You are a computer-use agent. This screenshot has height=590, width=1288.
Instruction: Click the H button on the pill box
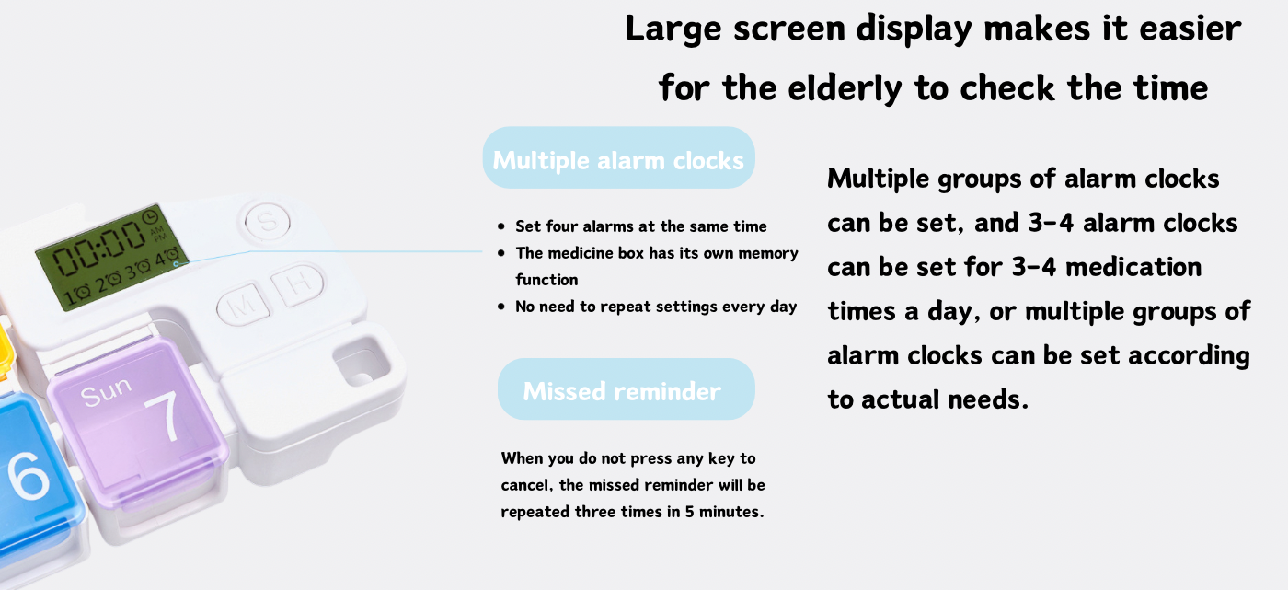click(x=297, y=283)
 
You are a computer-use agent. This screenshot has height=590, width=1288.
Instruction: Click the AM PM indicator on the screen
click(x=158, y=234)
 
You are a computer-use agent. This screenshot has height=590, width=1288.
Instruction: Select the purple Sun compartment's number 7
click(x=163, y=416)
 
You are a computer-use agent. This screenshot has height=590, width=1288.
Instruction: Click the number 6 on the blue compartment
click(x=28, y=475)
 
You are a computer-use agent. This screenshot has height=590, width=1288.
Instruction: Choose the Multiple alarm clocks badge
click(x=618, y=158)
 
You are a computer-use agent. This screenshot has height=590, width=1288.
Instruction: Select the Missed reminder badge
click(x=627, y=389)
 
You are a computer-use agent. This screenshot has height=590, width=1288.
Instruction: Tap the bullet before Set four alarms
click(x=501, y=226)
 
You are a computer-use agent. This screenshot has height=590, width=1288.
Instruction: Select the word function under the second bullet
click(x=546, y=280)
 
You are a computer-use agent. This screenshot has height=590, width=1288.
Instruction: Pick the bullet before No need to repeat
click(x=501, y=307)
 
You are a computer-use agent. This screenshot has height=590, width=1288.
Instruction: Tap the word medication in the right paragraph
click(x=1133, y=267)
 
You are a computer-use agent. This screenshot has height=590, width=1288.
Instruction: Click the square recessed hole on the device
click(x=361, y=362)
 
